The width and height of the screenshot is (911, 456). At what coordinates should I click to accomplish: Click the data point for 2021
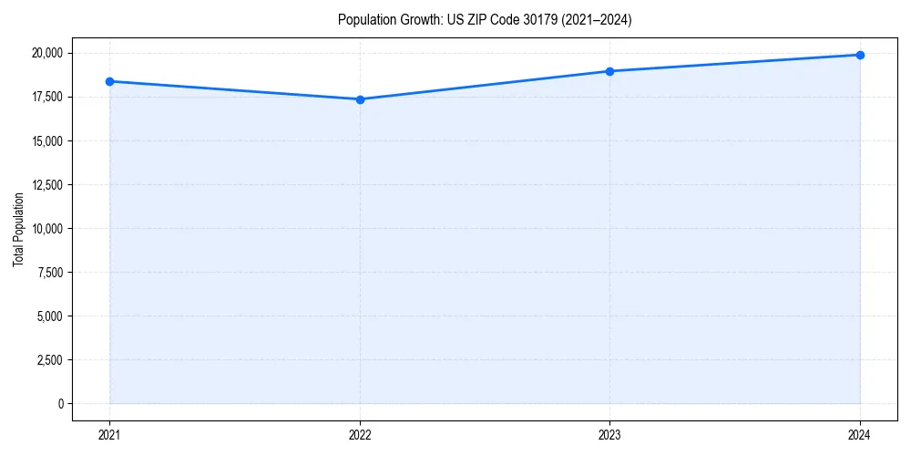pos(109,81)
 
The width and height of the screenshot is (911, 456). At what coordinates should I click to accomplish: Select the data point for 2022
pos(360,99)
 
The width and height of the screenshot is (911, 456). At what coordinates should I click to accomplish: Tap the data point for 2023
pos(609,71)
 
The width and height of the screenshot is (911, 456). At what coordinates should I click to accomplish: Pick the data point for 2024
pos(860,55)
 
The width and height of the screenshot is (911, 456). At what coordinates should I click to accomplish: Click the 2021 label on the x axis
pos(109,434)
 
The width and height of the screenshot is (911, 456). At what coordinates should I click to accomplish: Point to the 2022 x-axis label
pos(360,434)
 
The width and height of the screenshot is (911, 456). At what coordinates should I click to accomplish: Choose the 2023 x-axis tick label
pos(609,434)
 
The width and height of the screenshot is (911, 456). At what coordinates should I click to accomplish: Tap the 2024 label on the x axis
pos(860,434)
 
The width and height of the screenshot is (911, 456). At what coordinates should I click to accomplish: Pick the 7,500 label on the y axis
pos(50,273)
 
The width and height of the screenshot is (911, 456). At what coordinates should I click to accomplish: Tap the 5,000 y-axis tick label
pos(50,316)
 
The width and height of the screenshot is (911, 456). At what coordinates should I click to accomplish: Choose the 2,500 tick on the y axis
pos(50,360)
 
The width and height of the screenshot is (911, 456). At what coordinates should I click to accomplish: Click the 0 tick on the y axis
pos(61,404)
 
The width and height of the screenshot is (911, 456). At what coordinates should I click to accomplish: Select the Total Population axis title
pos(18,229)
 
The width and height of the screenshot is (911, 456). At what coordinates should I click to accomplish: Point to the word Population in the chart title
pos(367,19)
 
